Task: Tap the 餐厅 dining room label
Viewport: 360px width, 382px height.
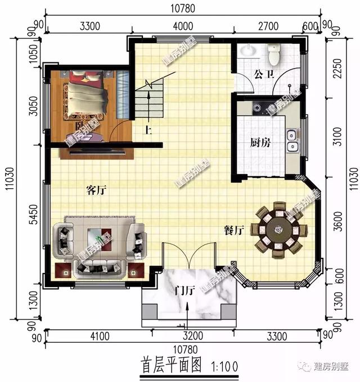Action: [233, 229]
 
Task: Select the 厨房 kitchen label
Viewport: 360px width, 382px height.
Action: [260, 143]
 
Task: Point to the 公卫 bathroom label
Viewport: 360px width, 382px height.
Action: [263, 74]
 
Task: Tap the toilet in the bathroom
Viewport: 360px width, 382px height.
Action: [274, 54]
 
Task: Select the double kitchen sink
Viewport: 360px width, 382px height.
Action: [292, 141]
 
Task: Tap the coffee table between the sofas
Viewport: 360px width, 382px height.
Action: [102, 237]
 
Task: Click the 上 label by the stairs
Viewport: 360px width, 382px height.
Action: [148, 131]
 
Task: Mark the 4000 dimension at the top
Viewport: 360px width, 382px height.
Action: [183, 26]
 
